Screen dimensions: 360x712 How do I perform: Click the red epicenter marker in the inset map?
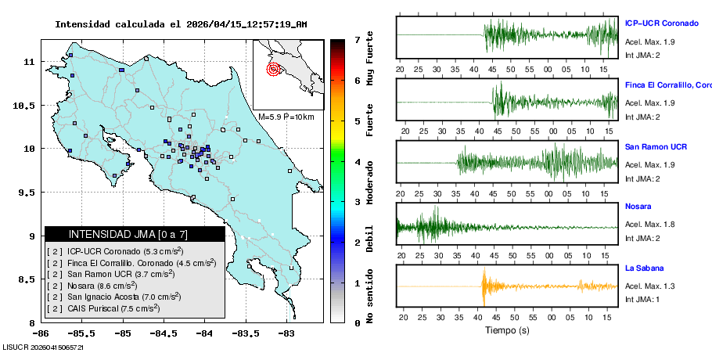point(273,69)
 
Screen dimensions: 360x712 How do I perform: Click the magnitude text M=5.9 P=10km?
point(286,117)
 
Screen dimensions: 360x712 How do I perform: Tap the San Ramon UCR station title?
point(656,146)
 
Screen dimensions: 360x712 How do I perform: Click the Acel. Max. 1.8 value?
point(649,224)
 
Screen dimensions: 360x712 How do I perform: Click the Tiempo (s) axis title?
point(507,330)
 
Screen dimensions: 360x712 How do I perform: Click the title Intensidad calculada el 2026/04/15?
point(181,24)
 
